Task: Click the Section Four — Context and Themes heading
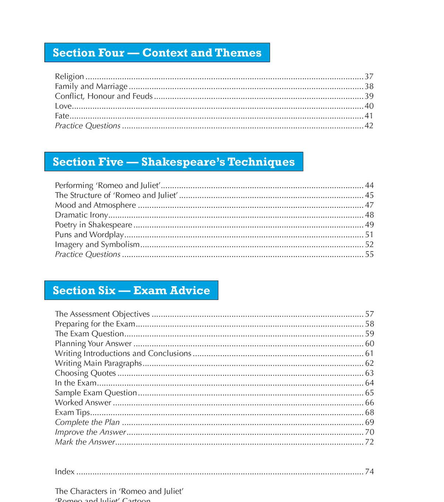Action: coord(157,52)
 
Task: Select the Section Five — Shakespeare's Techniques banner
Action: coord(174,162)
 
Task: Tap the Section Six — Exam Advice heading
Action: coord(131,290)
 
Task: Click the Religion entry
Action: coord(70,77)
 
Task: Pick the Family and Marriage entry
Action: coord(91,87)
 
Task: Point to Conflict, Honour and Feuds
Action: coord(104,96)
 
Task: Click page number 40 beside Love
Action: coord(369,106)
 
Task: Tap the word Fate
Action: coord(62,116)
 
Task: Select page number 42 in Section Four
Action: coord(369,126)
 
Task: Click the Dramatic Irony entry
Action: coord(81,215)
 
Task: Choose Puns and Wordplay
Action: coord(89,235)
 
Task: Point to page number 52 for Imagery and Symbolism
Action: coord(369,244)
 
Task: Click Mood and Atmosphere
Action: coord(95,205)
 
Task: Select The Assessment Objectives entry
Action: coord(102,314)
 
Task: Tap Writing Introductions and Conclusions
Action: coord(123,353)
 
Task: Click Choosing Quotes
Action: coord(85,373)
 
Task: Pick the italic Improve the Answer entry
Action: coord(90,432)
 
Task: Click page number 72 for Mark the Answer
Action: coord(369,442)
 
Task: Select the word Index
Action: coord(65,472)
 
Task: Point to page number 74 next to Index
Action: coord(369,472)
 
